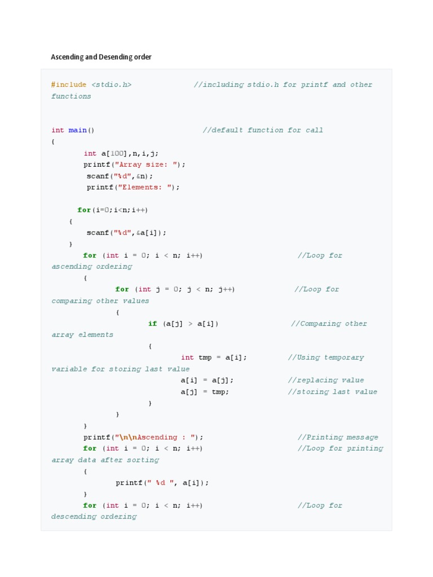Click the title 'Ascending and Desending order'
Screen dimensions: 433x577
point(101,57)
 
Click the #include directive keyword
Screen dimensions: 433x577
point(69,85)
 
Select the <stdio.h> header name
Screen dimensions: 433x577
point(111,85)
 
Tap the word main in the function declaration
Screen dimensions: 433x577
point(77,130)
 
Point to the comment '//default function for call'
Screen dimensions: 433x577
point(263,130)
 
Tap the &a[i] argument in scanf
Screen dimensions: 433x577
point(148,233)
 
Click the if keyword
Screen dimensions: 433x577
point(153,323)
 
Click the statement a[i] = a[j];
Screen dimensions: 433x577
point(206,380)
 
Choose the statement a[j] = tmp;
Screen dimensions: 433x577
point(205,392)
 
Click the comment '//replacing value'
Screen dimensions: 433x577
point(326,380)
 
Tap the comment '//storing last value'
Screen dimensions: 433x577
point(333,392)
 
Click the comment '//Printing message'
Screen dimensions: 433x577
point(338,437)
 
